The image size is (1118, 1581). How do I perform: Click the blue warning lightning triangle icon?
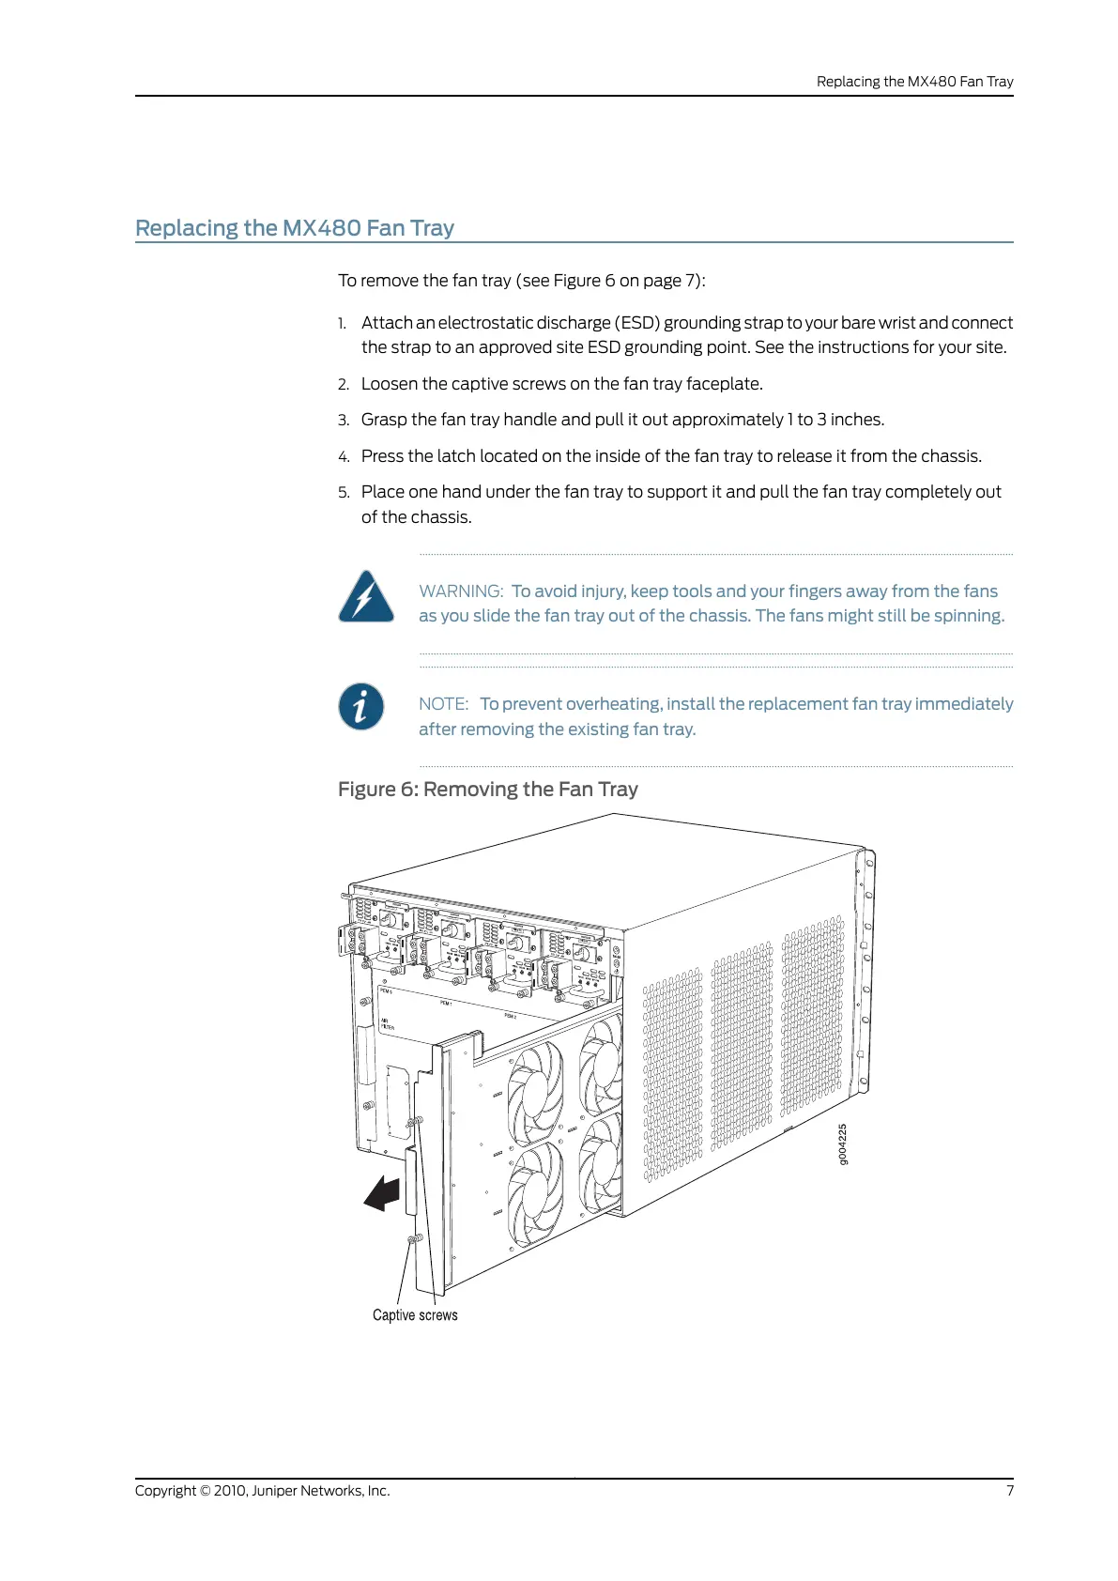tap(365, 597)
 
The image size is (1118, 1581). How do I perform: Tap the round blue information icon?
tap(361, 706)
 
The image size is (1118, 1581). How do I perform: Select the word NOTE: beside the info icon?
tap(443, 704)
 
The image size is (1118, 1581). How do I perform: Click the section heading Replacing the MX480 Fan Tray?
tap(295, 228)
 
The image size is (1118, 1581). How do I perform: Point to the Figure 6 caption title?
tap(487, 790)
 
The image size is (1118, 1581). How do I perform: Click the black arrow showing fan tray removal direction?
tap(383, 1193)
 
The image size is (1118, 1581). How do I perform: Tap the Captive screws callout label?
tap(415, 1315)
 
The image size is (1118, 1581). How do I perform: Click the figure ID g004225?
tap(842, 1144)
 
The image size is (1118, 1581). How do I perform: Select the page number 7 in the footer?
tap(1010, 1491)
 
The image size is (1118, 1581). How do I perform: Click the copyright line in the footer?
tap(262, 1491)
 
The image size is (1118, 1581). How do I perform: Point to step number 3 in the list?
tap(344, 421)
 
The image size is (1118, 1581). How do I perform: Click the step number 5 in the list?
tap(344, 493)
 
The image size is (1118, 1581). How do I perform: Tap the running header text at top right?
tap(914, 82)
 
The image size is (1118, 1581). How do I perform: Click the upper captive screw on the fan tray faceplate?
tap(415, 1121)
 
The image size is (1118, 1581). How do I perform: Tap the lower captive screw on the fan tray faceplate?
tap(413, 1239)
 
